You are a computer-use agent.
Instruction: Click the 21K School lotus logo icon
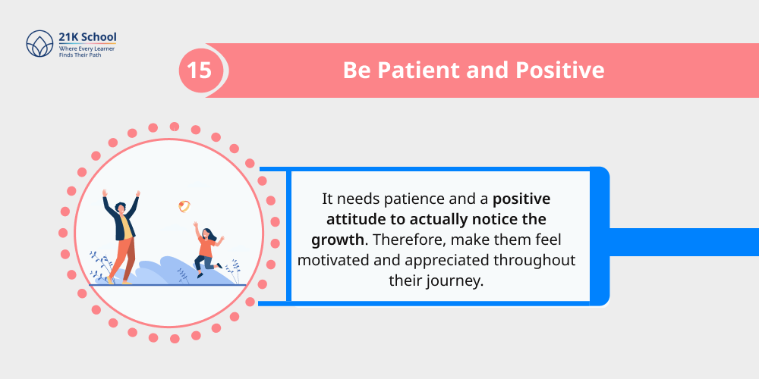click(x=39, y=44)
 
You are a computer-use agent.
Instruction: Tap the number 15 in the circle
click(x=200, y=70)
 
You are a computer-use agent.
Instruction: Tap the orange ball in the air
click(x=184, y=205)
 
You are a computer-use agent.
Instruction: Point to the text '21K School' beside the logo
click(x=87, y=37)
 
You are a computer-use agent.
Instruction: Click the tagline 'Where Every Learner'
click(x=85, y=49)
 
